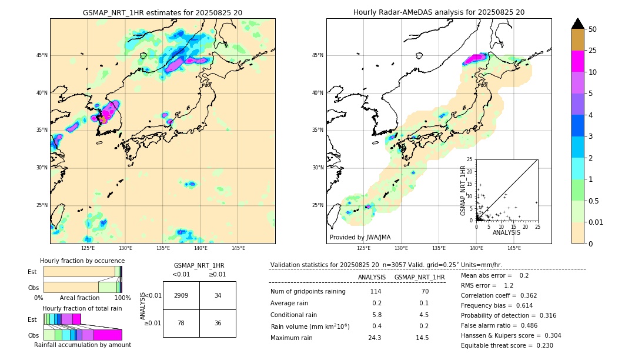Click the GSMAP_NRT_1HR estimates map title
pyautogui.click(x=162, y=12)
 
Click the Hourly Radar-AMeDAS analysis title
pyautogui.click(x=439, y=12)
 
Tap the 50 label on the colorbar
pyautogui.click(x=593, y=29)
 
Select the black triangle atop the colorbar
pyautogui.click(x=578, y=24)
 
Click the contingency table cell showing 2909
pyautogui.click(x=181, y=295)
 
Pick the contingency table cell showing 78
pyautogui.click(x=181, y=323)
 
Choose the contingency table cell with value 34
pyautogui.click(x=218, y=295)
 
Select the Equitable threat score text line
pyautogui.click(x=507, y=345)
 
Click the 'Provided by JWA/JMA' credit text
pyautogui.click(x=360, y=237)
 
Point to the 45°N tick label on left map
pyautogui.click(x=42, y=55)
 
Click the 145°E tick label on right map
pyautogui.click(x=514, y=248)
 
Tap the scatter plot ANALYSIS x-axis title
pyautogui.click(x=506, y=232)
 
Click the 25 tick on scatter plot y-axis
pyautogui.click(x=470, y=159)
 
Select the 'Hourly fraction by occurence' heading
pyautogui.click(x=82, y=261)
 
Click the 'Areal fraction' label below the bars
pyautogui.click(x=79, y=298)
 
